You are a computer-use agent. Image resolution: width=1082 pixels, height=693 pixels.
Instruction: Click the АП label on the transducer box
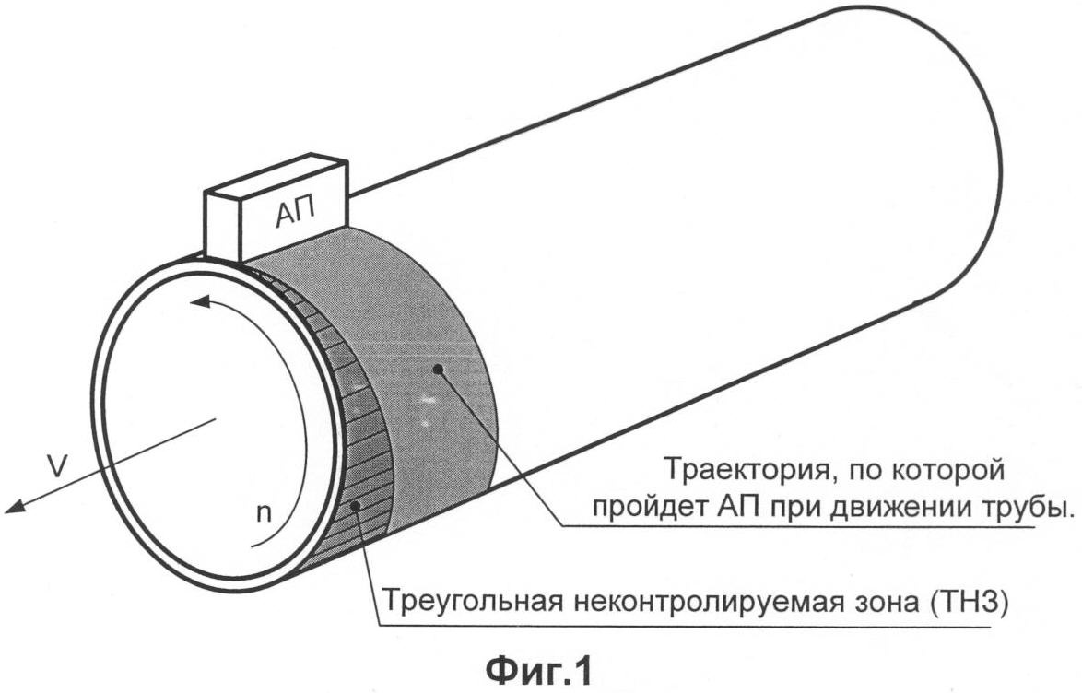[x=296, y=212]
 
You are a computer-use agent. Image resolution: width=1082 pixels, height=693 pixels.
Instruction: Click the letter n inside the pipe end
[x=264, y=513]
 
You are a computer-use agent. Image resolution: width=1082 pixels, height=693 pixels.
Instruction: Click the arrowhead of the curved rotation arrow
[x=201, y=301]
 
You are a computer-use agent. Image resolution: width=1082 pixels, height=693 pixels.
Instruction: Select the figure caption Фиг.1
[x=539, y=670]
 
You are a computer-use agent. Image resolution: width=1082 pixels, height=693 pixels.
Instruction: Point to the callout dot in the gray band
[x=437, y=370]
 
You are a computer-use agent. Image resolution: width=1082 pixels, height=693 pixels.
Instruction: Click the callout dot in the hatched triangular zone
[x=357, y=506]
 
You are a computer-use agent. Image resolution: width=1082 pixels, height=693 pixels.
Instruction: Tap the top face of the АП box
[x=276, y=176]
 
